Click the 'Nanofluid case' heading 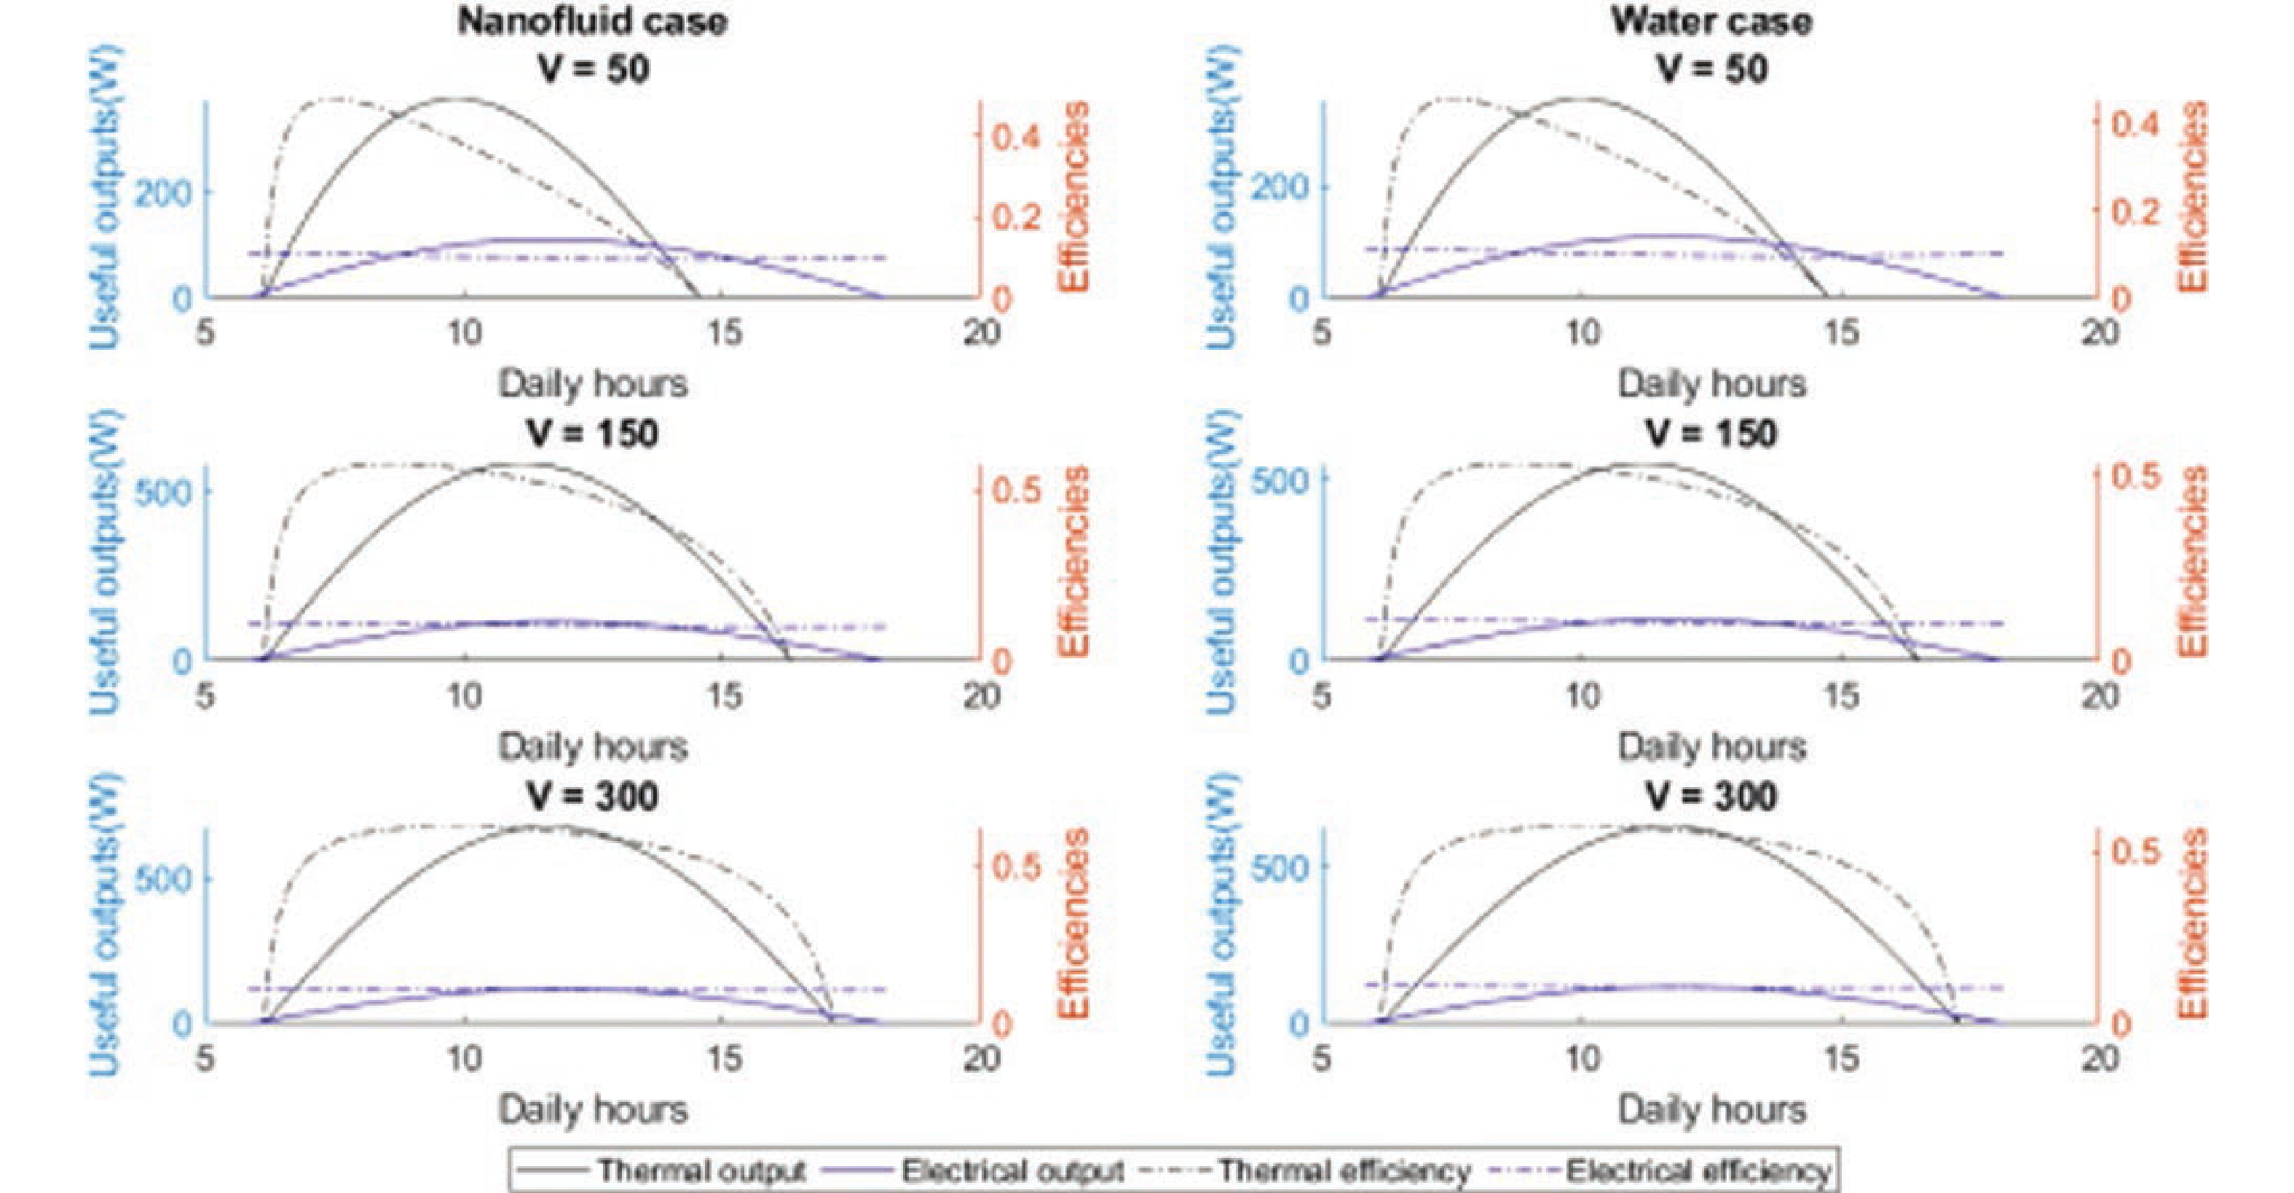tap(592, 21)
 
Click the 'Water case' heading tap(1711, 21)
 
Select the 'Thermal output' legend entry tap(701, 1170)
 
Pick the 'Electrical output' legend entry tap(1012, 1170)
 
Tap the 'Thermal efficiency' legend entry tap(1344, 1170)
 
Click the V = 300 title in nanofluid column tap(592, 796)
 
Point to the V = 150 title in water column tap(1711, 434)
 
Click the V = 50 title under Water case tap(1711, 69)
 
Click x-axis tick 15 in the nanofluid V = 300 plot tap(724, 1057)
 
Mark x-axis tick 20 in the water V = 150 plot tap(2100, 695)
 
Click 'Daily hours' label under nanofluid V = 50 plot tap(592, 384)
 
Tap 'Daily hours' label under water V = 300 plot tap(1711, 1109)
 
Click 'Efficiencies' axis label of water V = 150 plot tap(2191, 561)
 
